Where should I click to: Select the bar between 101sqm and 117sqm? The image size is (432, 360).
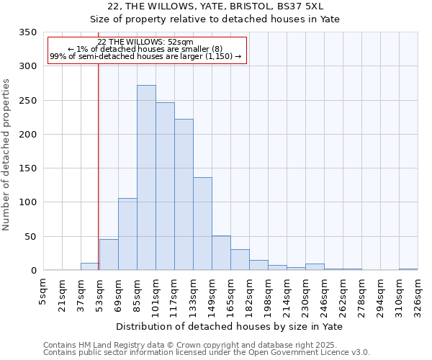pos(165,186)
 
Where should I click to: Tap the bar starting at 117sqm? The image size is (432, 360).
pos(184,194)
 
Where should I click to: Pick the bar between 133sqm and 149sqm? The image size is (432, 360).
pos(202,224)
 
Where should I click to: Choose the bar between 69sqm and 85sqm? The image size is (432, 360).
pos(127,234)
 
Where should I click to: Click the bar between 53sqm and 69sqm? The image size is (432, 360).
pos(109,255)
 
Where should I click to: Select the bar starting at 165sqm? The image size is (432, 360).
pos(240,260)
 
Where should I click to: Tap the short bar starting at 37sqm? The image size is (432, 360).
pos(90,266)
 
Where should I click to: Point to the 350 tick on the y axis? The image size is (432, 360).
pos(28,32)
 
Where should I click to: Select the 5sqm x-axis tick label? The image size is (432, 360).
pos(43,292)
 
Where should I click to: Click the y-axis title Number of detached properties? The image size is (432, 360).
pos(7,155)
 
